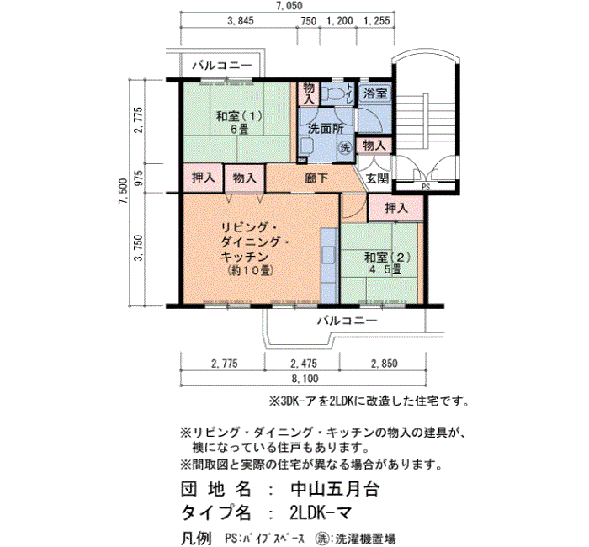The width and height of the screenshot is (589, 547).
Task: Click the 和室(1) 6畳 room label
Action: [239, 122]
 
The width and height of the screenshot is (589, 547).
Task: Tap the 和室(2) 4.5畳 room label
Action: [387, 263]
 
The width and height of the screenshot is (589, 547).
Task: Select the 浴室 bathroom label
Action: [375, 93]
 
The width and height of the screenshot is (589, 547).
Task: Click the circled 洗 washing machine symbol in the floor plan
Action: [345, 147]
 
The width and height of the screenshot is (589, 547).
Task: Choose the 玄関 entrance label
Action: [377, 178]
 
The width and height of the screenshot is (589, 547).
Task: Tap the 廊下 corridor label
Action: [316, 178]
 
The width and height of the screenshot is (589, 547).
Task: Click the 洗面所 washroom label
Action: [326, 129]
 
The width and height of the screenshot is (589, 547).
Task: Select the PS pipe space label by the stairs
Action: [426, 187]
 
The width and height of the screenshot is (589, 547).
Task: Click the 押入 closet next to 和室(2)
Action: [396, 208]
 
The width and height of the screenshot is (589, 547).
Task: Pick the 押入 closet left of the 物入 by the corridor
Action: [204, 178]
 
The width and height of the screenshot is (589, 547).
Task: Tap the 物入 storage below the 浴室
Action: [374, 145]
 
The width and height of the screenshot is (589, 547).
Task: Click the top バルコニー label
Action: [222, 66]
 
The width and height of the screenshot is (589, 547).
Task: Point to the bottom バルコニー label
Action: [348, 321]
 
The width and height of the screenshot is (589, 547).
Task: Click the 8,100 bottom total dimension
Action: [305, 379]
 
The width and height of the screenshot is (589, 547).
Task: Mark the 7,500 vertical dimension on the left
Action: [124, 191]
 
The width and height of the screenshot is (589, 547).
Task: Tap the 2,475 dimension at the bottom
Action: [304, 364]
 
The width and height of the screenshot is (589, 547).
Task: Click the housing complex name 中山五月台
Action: [335, 489]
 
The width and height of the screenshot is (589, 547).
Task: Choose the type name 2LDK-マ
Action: [321, 512]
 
